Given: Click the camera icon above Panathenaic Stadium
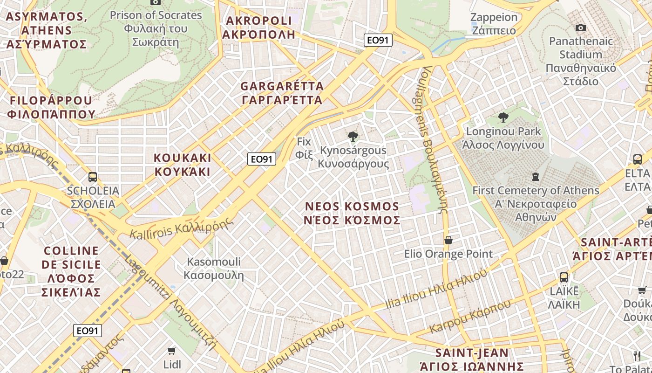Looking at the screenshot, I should [580, 28].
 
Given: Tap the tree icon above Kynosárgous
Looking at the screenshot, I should [353, 136].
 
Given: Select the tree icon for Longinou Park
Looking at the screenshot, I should [503, 117].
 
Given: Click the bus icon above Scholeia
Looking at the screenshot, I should [93, 177].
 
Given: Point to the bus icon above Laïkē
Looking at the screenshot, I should [564, 277].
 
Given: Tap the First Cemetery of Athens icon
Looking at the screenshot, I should [536, 177].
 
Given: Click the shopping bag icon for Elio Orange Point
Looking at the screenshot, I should [448, 240].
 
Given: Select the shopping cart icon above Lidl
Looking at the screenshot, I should [172, 351].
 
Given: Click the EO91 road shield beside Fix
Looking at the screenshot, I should [261, 159].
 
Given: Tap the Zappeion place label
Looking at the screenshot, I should [494, 24].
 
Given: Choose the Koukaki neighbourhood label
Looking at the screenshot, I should [183, 164].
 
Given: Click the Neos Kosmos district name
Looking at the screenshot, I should [352, 213].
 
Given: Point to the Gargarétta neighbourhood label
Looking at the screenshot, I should [282, 93].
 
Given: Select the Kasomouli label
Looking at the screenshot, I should [214, 268].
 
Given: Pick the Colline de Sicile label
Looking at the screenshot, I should [71, 271].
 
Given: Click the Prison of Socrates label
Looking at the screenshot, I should [156, 28].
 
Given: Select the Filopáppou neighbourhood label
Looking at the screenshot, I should [51, 107].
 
